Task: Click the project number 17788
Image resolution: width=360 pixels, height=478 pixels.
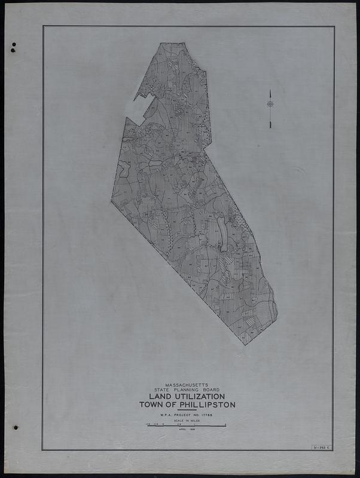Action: click(x=209, y=415)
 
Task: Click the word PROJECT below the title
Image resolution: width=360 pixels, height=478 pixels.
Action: click(x=187, y=415)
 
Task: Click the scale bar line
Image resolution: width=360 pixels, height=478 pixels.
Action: click(x=186, y=425)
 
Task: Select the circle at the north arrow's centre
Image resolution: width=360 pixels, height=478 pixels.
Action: click(x=270, y=104)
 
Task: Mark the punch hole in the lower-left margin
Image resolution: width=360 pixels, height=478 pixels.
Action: click(x=15, y=427)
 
